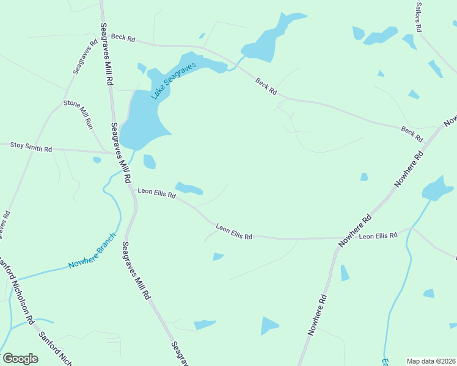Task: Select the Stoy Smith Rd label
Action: coord(31,147)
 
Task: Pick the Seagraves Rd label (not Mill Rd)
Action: coord(85,57)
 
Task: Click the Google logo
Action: coord(20,358)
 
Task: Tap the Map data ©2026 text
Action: coord(431,361)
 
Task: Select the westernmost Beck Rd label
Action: coord(123,37)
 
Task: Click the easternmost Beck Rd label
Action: coord(412,134)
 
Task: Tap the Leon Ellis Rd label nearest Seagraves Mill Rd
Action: coord(157,193)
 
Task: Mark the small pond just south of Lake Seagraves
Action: coord(149,162)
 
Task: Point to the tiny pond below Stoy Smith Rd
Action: coord(97,160)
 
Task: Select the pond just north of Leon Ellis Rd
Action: coord(188,188)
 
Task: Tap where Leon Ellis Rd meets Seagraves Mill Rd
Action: coord(131,189)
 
